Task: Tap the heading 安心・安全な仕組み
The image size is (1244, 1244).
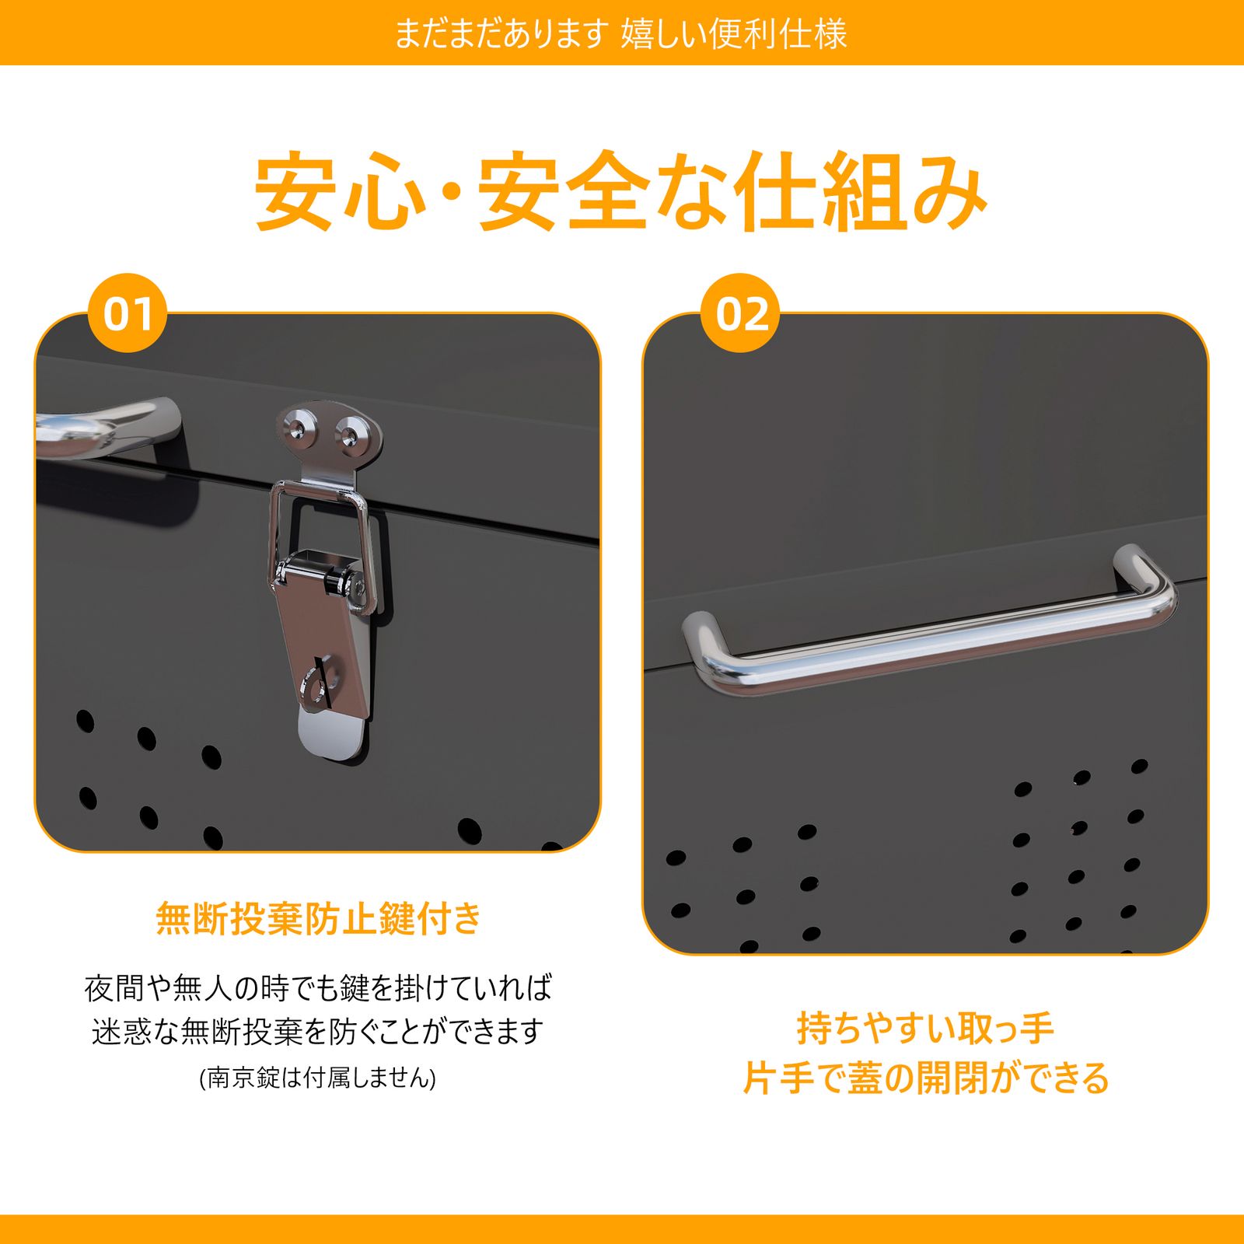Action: coord(621,191)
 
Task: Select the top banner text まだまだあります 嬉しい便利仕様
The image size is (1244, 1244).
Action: coord(621,33)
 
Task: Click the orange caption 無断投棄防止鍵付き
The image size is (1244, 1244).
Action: coord(319,918)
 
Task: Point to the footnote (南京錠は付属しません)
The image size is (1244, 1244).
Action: coord(318,1078)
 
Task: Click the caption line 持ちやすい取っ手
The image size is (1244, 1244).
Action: coord(925,1029)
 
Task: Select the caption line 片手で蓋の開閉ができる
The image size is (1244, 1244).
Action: coord(925,1078)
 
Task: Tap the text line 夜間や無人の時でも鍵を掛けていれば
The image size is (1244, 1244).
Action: coord(318,988)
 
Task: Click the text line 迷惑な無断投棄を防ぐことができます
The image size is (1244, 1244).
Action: coord(318,1032)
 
